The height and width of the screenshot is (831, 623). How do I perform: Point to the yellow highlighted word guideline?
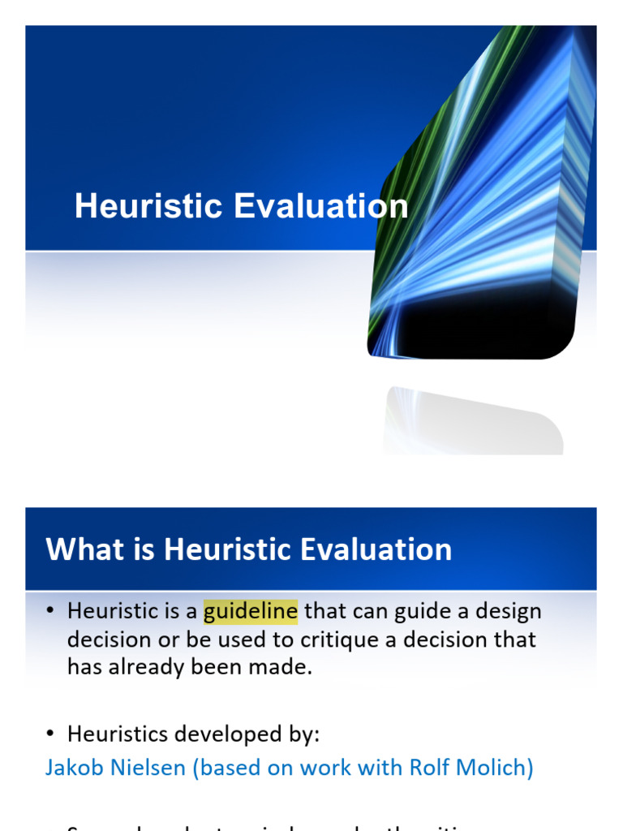251,611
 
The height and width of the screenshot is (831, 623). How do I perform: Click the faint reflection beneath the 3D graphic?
470,422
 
